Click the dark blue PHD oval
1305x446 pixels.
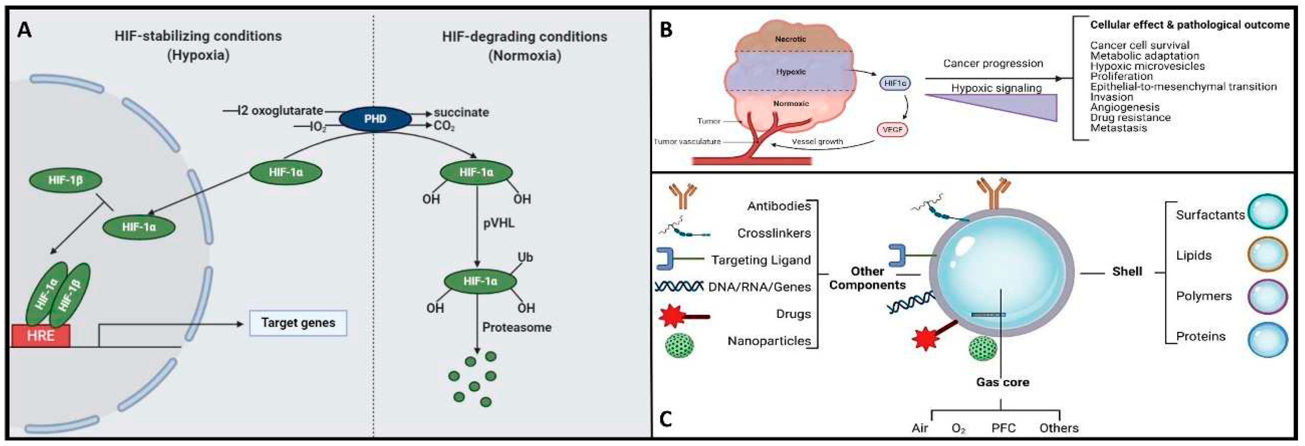pyautogui.click(x=375, y=119)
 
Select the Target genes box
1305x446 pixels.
pyautogui.click(x=298, y=323)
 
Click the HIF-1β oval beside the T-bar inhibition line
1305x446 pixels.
pyautogui.click(x=66, y=180)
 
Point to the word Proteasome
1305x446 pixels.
pyautogui.click(x=516, y=327)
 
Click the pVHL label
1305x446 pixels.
pyautogui.click(x=499, y=223)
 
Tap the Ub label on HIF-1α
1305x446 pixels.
pyautogui.click(x=525, y=257)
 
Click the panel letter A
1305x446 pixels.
pyautogui.click(x=24, y=31)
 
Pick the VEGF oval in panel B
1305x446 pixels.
pyautogui.click(x=892, y=130)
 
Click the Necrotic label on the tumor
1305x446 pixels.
pyautogui.click(x=790, y=39)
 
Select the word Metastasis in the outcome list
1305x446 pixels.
pyautogui.click(x=1118, y=128)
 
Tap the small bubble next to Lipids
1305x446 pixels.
pyautogui.click(x=1267, y=256)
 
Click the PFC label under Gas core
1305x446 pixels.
pyautogui.click(x=1003, y=428)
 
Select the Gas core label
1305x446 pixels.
pyautogui.click(x=1002, y=382)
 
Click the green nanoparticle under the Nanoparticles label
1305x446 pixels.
pyautogui.click(x=680, y=347)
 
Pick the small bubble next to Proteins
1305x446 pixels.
pyautogui.click(x=1267, y=339)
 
